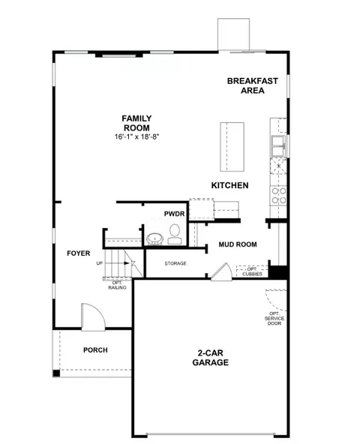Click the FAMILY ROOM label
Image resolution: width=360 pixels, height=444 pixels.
point(136,123)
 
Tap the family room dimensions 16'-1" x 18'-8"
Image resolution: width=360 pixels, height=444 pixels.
point(136,136)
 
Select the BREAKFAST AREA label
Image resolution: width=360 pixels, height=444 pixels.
point(252,85)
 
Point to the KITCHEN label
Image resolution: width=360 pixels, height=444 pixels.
point(229,185)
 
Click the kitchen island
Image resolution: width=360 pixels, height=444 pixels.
point(232,147)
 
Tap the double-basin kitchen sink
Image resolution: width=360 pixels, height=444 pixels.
point(279,145)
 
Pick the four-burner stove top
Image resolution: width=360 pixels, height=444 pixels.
point(279,196)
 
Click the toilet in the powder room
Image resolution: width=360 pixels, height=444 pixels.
point(175,234)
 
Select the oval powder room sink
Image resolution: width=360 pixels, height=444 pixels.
point(154,239)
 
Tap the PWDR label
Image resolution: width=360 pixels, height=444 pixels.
point(174,214)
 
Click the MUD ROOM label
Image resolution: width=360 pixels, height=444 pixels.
point(238,244)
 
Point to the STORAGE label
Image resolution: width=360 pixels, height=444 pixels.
point(175,263)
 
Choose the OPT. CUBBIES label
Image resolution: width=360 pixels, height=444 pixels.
point(252,271)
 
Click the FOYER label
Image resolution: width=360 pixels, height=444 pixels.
point(79,253)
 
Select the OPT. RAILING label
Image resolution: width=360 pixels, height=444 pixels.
point(117,285)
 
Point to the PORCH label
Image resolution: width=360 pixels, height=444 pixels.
point(95,350)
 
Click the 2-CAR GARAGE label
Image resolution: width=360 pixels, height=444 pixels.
point(211,358)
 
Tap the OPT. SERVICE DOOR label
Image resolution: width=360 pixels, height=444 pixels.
point(274,319)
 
